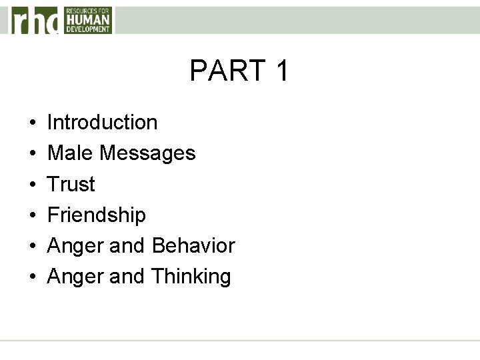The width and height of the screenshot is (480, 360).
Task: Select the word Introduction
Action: (x=103, y=123)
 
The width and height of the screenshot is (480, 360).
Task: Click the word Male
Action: (x=71, y=153)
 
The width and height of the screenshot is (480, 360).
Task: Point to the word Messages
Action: (x=148, y=154)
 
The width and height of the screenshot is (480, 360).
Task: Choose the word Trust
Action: (x=71, y=184)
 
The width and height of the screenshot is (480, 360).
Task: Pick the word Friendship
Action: (x=97, y=215)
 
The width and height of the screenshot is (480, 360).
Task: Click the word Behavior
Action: (x=193, y=245)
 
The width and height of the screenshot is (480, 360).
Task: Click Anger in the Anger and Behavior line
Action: (x=75, y=246)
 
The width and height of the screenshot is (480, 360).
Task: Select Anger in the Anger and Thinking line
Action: (x=75, y=277)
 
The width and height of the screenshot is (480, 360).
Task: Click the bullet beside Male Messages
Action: (x=32, y=154)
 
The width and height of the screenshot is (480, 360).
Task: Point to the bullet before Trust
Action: (x=32, y=185)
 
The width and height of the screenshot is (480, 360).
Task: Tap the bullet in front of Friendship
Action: (x=32, y=215)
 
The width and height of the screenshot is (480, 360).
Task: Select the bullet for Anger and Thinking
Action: (x=32, y=277)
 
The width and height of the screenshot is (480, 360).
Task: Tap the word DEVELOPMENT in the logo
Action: (x=88, y=29)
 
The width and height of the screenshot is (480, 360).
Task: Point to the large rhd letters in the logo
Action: (x=35, y=20)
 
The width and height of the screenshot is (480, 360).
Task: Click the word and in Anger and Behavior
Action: (x=128, y=246)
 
